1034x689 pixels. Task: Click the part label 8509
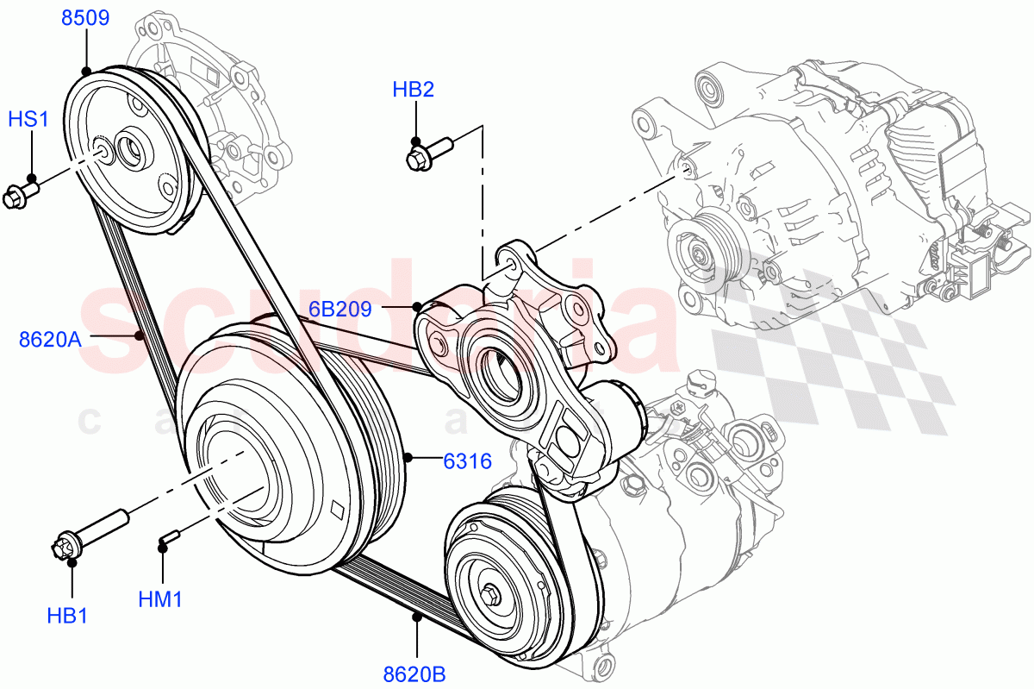pos(84,17)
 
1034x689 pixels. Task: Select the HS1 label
pos(28,119)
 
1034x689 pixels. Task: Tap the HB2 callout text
pos(413,90)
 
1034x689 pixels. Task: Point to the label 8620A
pos(50,339)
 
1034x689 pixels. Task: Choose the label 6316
pos(467,461)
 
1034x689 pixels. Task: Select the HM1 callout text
pos(160,598)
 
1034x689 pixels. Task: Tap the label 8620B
pos(415,673)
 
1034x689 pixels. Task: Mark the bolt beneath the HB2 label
pos(427,154)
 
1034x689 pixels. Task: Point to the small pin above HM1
pos(168,538)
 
